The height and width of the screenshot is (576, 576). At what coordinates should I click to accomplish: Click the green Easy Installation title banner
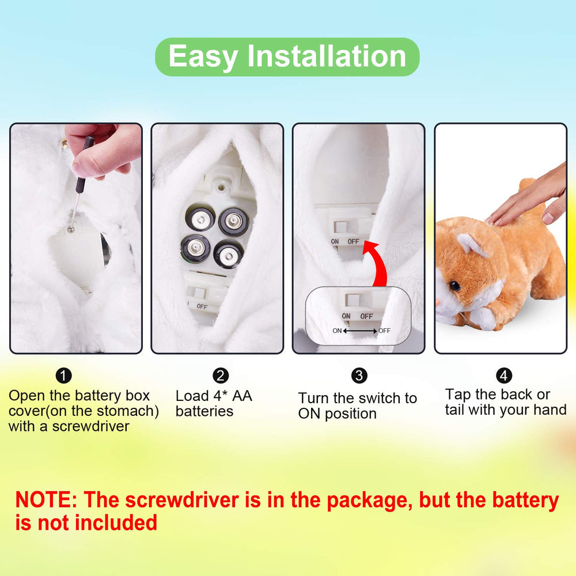[287, 57]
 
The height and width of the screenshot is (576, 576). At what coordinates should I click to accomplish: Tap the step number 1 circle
[63, 376]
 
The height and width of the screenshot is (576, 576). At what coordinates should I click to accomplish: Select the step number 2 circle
[221, 376]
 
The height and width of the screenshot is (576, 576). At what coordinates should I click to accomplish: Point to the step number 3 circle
[359, 376]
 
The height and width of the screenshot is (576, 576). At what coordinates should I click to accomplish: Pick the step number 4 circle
[503, 376]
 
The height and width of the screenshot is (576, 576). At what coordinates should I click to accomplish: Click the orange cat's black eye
[455, 286]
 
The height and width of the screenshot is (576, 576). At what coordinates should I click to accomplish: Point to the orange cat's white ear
[472, 244]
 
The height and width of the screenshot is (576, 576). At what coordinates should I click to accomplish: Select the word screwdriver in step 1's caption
[91, 426]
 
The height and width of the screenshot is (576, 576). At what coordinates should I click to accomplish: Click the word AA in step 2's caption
[242, 396]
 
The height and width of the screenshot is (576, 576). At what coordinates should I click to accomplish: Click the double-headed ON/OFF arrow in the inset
[359, 331]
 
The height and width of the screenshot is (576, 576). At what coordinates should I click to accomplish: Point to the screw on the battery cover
[70, 230]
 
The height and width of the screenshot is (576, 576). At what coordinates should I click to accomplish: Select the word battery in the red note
[525, 501]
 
